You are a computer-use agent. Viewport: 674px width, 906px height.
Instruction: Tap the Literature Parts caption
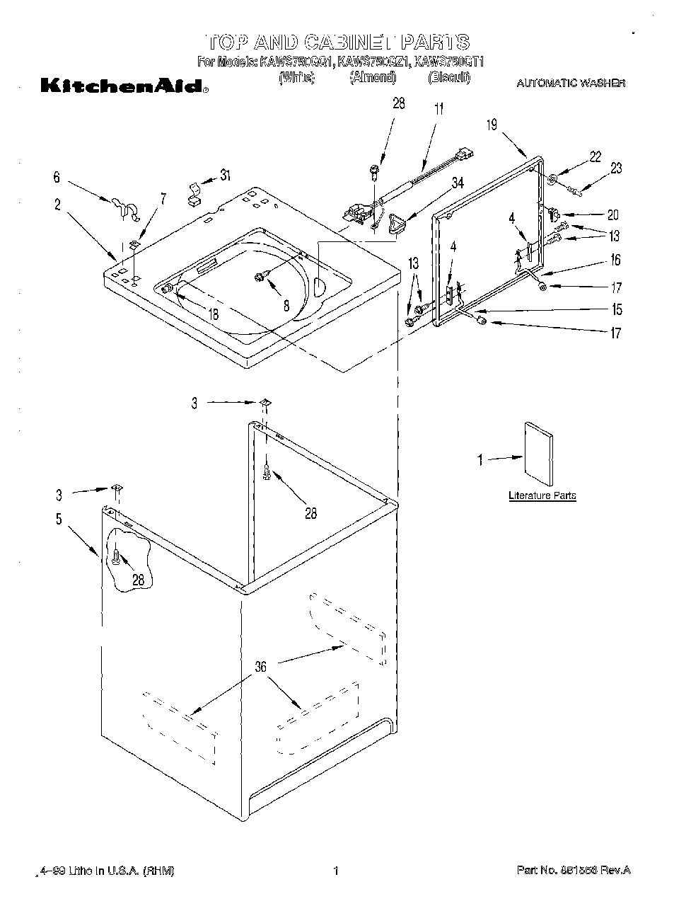tap(542, 495)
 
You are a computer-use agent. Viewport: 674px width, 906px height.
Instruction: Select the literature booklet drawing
tap(538, 454)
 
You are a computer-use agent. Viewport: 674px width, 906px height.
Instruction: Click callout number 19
tap(492, 125)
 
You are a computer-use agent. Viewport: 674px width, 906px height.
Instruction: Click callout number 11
tap(438, 109)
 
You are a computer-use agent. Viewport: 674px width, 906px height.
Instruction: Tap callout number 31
tap(225, 175)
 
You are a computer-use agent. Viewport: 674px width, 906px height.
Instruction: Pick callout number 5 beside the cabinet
tap(59, 519)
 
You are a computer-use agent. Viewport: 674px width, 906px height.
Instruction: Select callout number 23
tap(616, 168)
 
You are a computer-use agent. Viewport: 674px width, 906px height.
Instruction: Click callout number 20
tap(612, 214)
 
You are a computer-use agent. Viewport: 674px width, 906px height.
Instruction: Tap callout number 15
tap(617, 309)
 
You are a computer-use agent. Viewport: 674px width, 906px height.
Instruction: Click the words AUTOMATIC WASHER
tap(570, 84)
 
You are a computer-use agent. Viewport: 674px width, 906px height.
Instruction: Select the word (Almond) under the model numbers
tap(373, 78)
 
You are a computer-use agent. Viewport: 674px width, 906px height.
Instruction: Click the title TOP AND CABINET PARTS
tap(337, 41)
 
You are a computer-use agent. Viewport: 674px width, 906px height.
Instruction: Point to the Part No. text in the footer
tap(573, 870)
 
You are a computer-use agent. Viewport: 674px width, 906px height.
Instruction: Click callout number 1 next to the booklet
tap(480, 460)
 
